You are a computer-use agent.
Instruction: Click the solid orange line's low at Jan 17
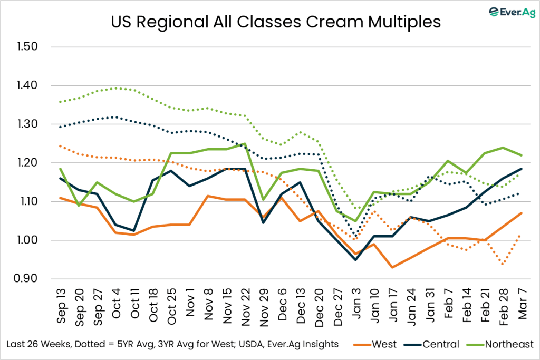pos(392,267)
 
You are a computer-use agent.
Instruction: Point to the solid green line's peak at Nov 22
pos(245,143)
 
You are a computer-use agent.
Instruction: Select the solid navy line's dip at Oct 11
pos(135,231)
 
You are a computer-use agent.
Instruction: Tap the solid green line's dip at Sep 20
pos(80,205)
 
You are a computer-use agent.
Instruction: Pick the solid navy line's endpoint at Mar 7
pos(521,169)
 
